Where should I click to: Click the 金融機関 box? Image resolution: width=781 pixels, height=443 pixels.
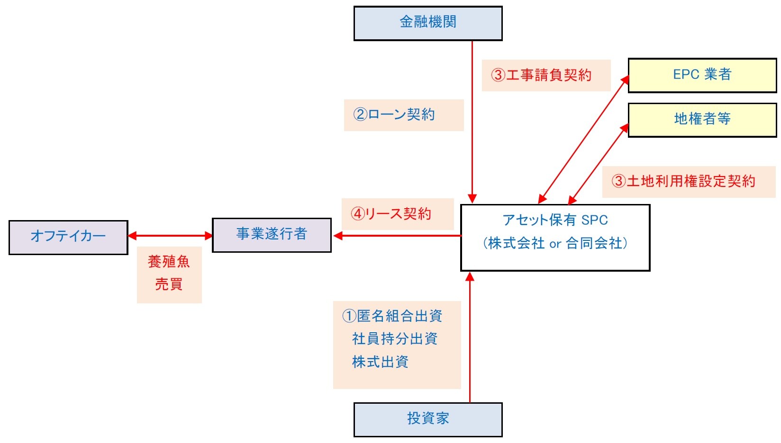point(427,23)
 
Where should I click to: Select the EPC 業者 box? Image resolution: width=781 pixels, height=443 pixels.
point(702,75)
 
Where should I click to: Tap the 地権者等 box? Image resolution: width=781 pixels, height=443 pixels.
point(702,119)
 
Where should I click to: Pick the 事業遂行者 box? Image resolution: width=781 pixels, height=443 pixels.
point(271,235)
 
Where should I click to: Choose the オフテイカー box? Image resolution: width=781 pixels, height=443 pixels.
point(68,237)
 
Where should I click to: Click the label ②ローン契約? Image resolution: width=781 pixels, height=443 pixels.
point(394,115)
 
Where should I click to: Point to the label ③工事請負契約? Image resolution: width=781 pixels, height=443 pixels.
point(541,75)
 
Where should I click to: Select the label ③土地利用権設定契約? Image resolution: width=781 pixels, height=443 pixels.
point(683,181)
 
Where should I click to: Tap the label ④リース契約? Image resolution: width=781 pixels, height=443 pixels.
point(391,214)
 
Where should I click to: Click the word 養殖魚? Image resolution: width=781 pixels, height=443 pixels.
point(169,262)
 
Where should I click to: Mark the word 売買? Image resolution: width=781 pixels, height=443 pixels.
point(169,284)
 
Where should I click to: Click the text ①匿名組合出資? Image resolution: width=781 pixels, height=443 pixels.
point(392,316)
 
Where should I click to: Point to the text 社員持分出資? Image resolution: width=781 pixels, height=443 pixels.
point(394,339)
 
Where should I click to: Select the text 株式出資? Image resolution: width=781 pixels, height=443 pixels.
point(380,362)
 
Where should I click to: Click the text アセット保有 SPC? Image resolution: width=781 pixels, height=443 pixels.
point(555,220)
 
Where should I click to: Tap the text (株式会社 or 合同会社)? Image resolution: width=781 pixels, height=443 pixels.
point(555,243)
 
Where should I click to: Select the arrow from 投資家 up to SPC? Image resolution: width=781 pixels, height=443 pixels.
point(470,341)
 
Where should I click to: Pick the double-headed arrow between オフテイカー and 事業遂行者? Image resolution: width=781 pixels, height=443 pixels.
point(170,236)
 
